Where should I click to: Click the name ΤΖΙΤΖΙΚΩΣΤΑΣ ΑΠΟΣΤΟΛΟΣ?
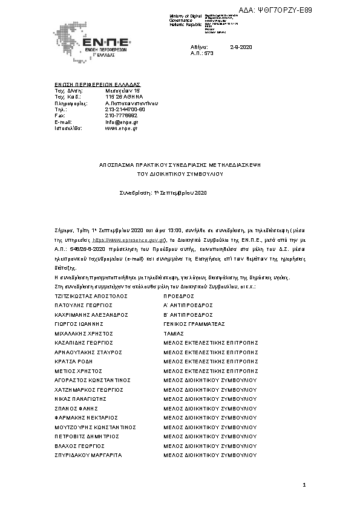pos(90,297)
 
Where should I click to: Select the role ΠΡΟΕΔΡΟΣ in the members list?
pos(178,297)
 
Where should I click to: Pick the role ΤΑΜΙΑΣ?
pos(174,332)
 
